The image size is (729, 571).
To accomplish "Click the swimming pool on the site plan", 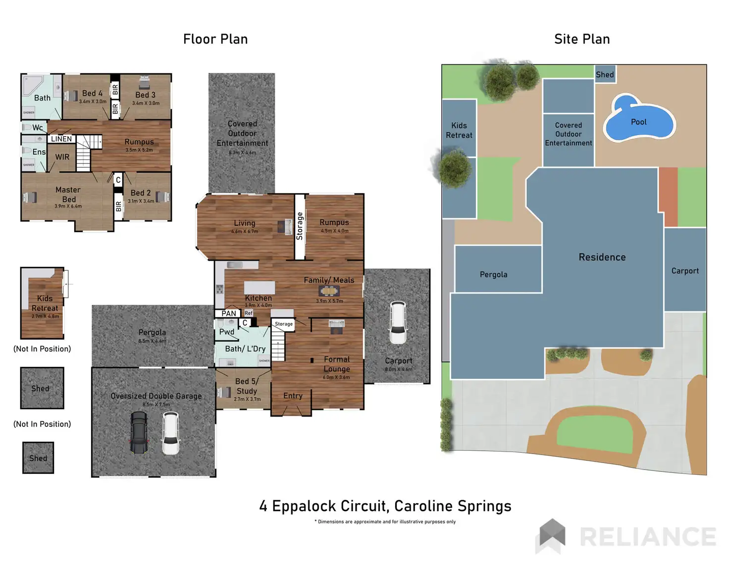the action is point(638,119).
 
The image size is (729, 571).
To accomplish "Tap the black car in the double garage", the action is point(139,432).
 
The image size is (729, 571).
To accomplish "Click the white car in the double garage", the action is point(171,433).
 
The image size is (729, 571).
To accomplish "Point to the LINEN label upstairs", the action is point(61,139).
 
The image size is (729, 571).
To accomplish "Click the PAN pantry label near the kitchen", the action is point(228,313).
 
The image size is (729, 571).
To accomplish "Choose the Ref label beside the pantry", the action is point(249,313).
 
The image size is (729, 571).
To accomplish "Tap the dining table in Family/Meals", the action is point(329,291).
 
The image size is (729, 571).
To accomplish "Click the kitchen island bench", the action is point(260,287).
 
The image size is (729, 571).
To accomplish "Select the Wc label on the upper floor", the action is point(37,128).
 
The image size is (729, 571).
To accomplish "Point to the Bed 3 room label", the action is point(145,95).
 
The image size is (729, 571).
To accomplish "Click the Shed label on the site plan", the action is point(605,75).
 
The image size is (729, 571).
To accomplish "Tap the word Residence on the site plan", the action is point(602,257).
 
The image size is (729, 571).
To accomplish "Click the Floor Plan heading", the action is point(215,39).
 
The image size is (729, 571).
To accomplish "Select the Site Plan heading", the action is point(582,39).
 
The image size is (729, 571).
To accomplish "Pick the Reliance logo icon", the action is point(551,536).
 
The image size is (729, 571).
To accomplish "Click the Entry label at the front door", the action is point(293,396).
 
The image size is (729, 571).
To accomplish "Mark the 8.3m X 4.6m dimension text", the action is point(242,153).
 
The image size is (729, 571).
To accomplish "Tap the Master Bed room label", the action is point(68,194).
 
